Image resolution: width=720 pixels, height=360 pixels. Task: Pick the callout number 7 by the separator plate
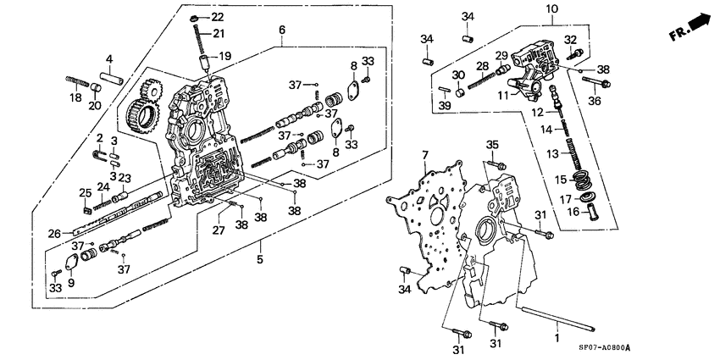(425, 155)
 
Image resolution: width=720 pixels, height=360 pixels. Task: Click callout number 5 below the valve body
(258, 258)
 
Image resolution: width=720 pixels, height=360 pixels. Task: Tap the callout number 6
(280, 30)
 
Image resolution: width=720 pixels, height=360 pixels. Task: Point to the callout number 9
(71, 284)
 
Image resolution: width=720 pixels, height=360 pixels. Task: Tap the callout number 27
(219, 230)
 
